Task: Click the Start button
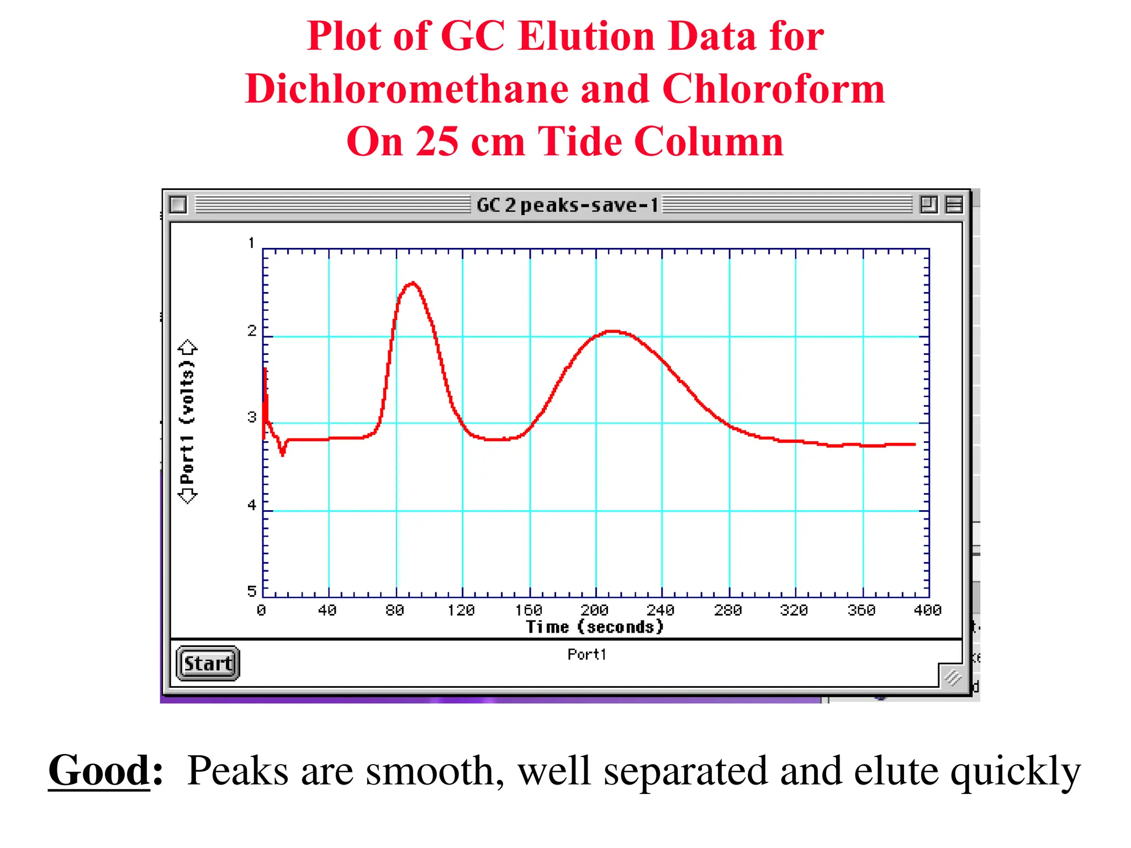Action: (208, 663)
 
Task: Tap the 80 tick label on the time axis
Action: (395, 610)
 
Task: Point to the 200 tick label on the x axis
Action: (595, 610)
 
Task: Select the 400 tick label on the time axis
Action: (928, 610)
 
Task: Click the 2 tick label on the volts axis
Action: (252, 331)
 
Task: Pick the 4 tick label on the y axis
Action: (252, 505)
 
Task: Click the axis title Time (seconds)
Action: (595, 627)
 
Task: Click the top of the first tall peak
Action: (413, 284)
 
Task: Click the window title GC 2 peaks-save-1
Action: (567, 205)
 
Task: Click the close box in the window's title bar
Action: (178, 205)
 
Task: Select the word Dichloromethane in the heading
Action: (406, 89)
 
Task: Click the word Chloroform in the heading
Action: (773, 89)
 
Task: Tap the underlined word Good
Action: (99, 771)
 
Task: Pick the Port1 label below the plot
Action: (586, 654)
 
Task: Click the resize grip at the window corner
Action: (953, 676)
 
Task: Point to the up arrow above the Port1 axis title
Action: (188, 347)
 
